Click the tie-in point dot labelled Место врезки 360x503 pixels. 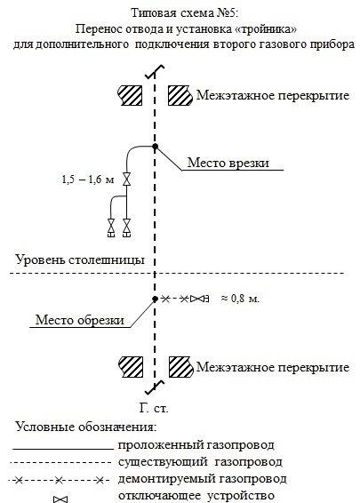pos(155,147)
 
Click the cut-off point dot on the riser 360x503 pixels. pos(155,299)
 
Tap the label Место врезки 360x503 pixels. pos(228,163)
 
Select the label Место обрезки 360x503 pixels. pos(80,320)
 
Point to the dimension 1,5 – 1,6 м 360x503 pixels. pos(88,180)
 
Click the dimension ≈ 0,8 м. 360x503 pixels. pos(240,299)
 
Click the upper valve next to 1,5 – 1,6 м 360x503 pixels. pos(127,180)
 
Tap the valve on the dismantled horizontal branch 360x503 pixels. pos(197,299)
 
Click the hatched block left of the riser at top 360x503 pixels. pos(130,95)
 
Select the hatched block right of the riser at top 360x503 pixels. pos(180,95)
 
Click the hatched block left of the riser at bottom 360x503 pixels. pos(131,367)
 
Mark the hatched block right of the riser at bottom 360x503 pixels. pos(181,367)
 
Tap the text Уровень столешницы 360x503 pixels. pos(80,259)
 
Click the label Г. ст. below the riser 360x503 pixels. pos(154,409)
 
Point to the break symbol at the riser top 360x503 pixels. pos(155,72)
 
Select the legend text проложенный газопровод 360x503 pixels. pos(196,445)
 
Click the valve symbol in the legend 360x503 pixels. pos(60,499)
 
